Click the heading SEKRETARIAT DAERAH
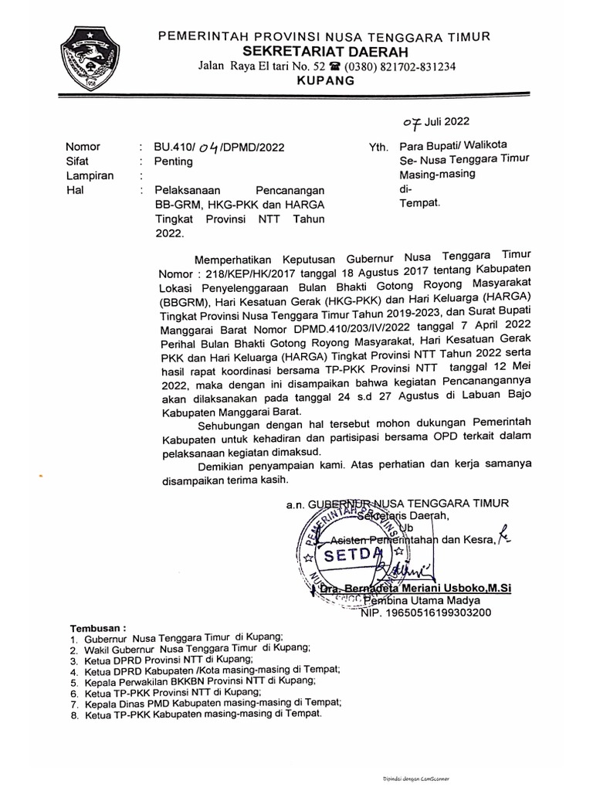[322, 51]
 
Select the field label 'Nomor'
[83, 146]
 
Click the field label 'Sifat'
[78, 161]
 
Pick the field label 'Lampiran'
[90, 175]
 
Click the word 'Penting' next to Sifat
[173, 161]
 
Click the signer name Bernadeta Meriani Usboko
[425, 589]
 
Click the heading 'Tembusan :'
[97, 629]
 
